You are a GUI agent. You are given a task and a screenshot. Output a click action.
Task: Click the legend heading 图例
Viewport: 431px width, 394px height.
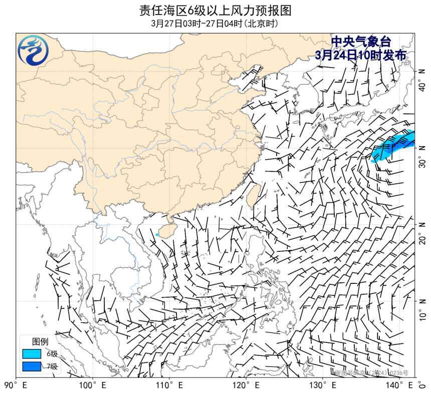pyautogui.click(x=40, y=341)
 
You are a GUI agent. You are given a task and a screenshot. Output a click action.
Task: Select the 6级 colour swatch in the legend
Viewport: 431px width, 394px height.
pyautogui.click(x=31, y=354)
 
